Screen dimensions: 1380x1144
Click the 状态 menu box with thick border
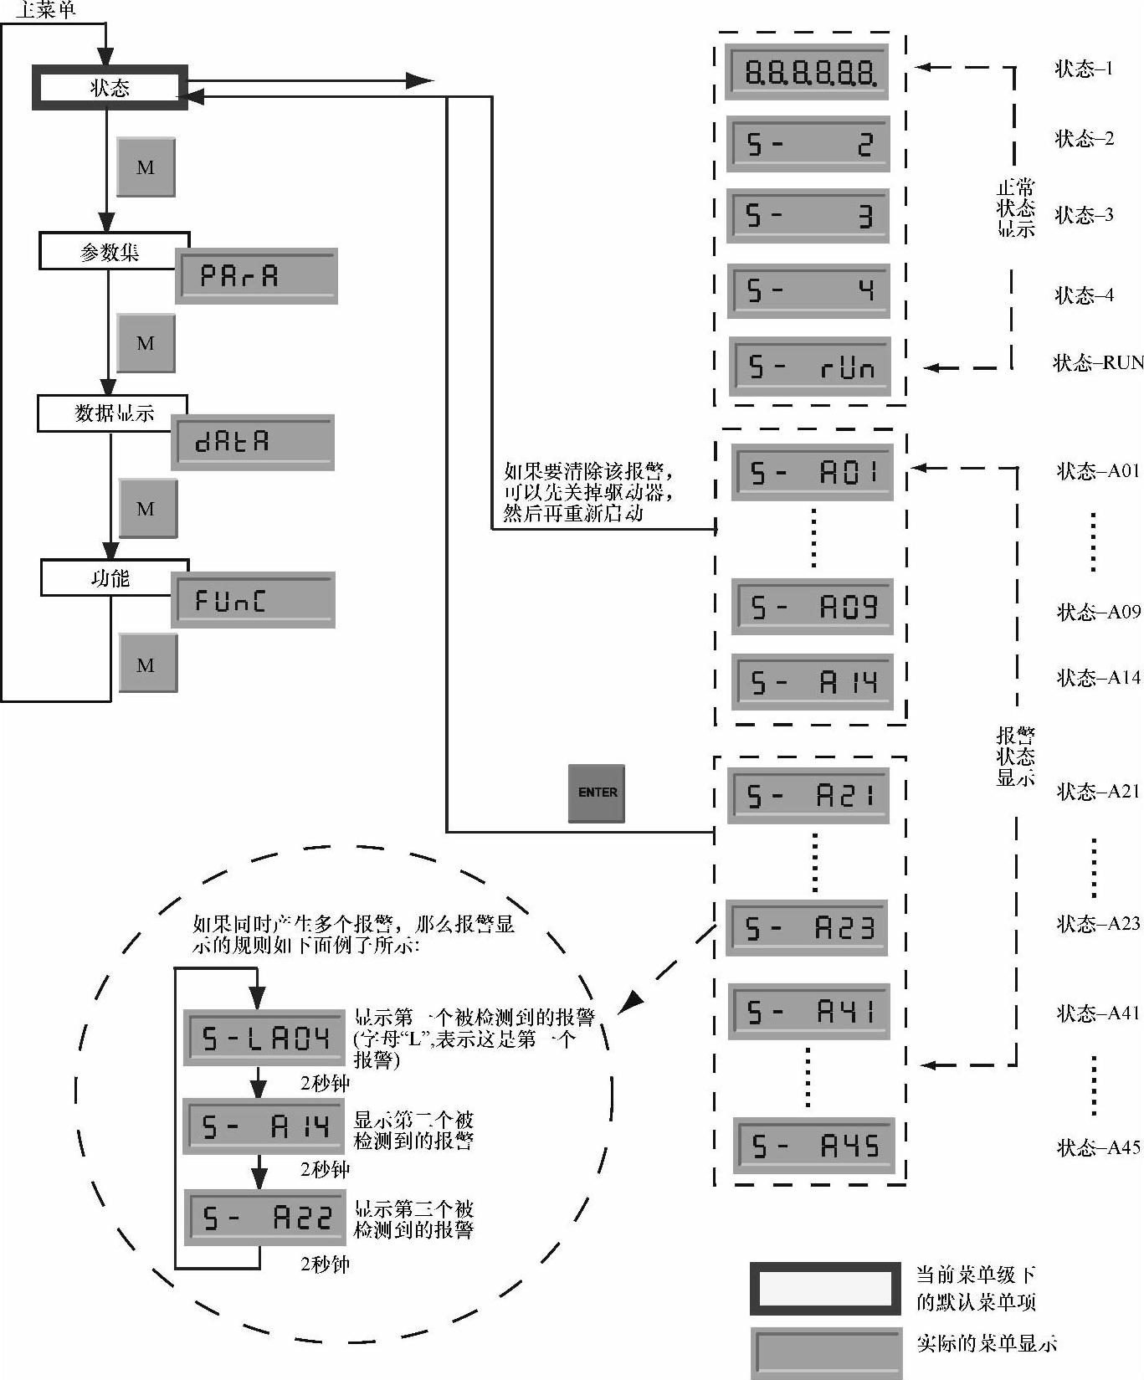coord(109,87)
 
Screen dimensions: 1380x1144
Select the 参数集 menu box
coord(114,251)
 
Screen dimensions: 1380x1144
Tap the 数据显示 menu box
coord(112,413)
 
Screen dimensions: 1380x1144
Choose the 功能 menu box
coord(114,577)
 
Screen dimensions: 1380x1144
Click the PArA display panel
coord(256,275)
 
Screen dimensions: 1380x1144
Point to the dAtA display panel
coord(253,441)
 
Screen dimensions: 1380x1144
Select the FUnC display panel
coord(253,600)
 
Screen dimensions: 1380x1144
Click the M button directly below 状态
coord(146,167)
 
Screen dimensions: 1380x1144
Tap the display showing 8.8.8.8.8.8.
coord(807,72)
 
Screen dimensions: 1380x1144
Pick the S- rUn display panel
coord(810,367)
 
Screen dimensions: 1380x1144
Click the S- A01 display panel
coord(812,473)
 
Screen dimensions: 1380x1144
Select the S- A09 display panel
coord(812,607)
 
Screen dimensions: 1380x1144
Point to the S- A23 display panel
coord(807,927)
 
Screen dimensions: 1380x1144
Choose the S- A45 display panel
coord(813,1145)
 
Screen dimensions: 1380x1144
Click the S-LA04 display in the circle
coord(264,1038)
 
